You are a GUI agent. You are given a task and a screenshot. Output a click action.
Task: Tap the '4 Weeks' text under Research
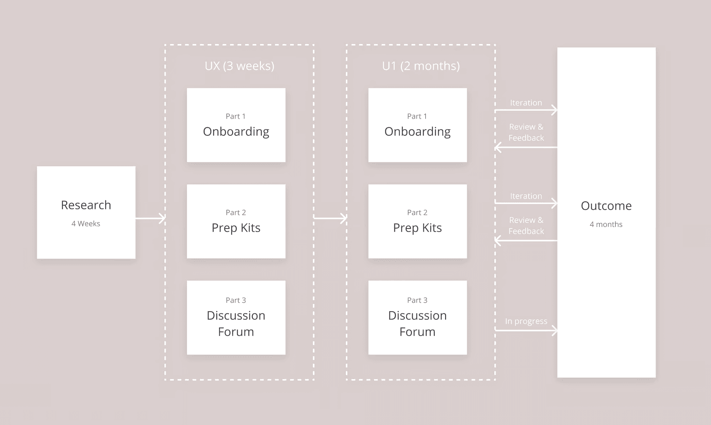pyautogui.click(x=86, y=224)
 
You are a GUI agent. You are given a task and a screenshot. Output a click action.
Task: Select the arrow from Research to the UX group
pyautogui.click(x=150, y=218)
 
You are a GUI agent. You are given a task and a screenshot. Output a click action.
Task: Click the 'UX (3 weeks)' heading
pyautogui.click(x=239, y=66)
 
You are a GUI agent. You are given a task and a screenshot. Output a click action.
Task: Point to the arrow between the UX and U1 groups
pyautogui.click(x=330, y=218)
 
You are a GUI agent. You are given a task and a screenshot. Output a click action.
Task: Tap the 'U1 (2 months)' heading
pyautogui.click(x=421, y=66)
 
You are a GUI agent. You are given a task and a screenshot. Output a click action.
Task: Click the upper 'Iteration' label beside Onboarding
pyautogui.click(x=526, y=103)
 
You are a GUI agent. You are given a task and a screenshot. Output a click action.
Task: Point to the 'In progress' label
pyautogui.click(x=526, y=321)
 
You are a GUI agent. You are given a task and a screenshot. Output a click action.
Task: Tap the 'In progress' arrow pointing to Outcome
pyautogui.click(x=526, y=330)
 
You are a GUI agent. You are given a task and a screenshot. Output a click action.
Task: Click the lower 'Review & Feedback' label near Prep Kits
pyautogui.click(x=526, y=226)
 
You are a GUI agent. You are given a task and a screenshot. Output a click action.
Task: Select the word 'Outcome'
pyautogui.click(x=606, y=206)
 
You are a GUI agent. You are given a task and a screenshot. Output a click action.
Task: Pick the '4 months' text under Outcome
pyautogui.click(x=606, y=224)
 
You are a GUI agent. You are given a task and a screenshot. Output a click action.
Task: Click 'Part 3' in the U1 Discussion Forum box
pyautogui.click(x=417, y=300)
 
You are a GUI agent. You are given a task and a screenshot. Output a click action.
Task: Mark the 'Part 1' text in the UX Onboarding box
pyautogui.click(x=236, y=116)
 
